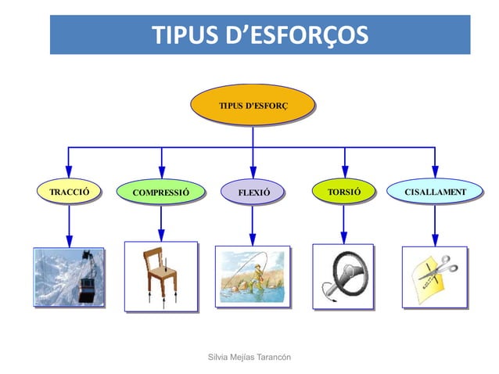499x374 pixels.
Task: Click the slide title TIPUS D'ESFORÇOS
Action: coord(260,35)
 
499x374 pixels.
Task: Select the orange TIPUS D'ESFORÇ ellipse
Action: coord(253,105)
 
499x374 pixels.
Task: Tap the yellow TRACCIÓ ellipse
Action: coord(70,191)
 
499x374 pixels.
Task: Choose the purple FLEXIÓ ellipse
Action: coord(253,192)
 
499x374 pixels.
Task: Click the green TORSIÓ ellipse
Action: coord(343,191)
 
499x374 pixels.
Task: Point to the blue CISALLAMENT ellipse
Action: coord(435,191)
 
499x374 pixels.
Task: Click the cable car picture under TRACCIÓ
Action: coord(69,277)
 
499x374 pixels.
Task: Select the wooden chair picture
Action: coord(161,276)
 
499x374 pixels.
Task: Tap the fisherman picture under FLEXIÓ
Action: coord(253,276)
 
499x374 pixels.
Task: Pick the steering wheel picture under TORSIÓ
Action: coord(343,276)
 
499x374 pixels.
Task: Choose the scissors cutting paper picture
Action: coord(435,277)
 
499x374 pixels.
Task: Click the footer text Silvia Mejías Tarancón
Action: coord(249,357)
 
